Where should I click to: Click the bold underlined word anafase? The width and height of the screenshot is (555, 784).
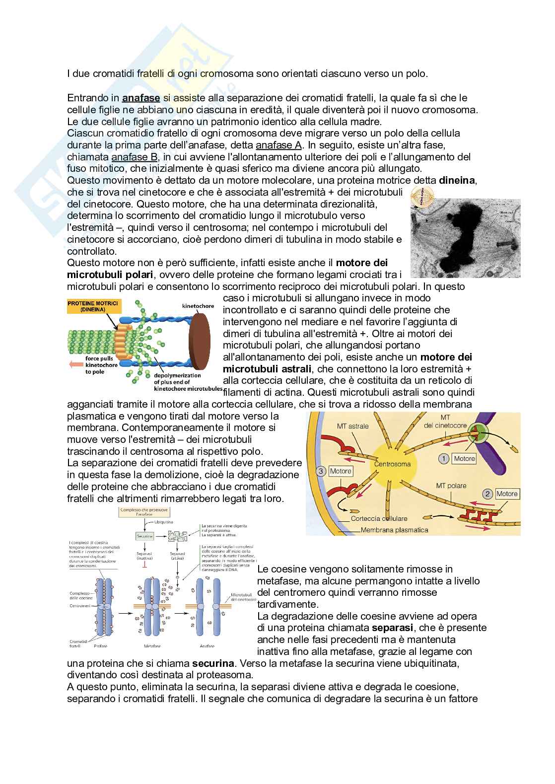(x=141, y=98)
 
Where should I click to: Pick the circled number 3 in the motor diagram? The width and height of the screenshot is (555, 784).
(x=321, y=471)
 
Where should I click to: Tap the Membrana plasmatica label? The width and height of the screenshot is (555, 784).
(x=394, y=530)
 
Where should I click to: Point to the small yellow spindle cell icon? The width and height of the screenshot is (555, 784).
(x=422, y=195)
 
